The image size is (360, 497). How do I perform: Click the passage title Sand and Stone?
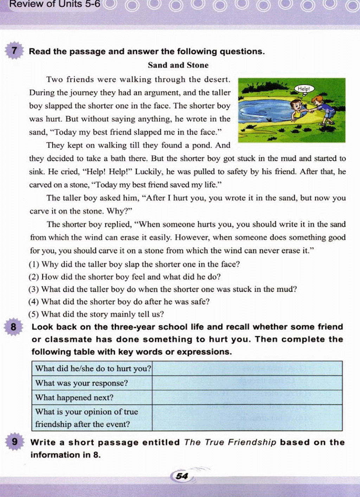click(178, 65)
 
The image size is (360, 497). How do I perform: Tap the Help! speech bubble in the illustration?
click(304, 89)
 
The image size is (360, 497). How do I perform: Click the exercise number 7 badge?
click(14, 51)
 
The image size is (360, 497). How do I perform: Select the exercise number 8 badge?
click(13, 327)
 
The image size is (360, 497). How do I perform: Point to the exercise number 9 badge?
click(14, 442)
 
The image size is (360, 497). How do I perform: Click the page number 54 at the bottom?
click(182, 476)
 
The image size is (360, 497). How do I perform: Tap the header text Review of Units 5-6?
click(54, 4)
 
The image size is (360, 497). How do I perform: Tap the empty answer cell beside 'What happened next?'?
click(247, 397)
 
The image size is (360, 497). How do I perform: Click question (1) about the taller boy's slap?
click(134, 264)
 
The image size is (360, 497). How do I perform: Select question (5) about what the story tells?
click(96, 314)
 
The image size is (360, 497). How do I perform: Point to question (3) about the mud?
click(162, 289)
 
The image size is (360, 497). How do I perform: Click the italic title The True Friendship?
click(230, 442)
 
